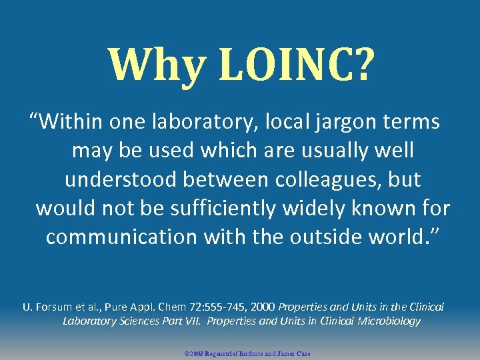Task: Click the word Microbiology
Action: click(388, 321)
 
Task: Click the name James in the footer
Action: click(283, 353)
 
